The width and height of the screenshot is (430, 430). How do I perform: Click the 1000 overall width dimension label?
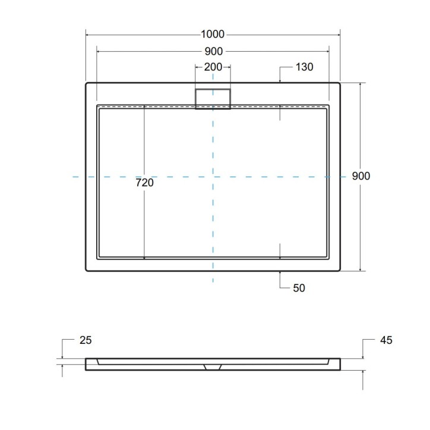click(213, 34)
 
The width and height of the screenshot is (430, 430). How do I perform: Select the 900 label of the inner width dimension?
click(213, 51)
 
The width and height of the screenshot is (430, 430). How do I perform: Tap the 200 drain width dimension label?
click(213, 67)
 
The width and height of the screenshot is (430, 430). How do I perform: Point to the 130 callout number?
click(303, 67)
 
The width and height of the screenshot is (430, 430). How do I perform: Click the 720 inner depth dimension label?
click(144, 184)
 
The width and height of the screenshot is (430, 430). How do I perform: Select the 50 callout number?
click(299, 288)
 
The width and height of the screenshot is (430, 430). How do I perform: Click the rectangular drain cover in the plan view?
click(213, 98)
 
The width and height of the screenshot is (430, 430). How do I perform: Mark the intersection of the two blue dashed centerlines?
click(213, 176)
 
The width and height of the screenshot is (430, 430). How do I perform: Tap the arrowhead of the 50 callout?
click(280, 273)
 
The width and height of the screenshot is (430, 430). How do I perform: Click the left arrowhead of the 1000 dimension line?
click(88, 34)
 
